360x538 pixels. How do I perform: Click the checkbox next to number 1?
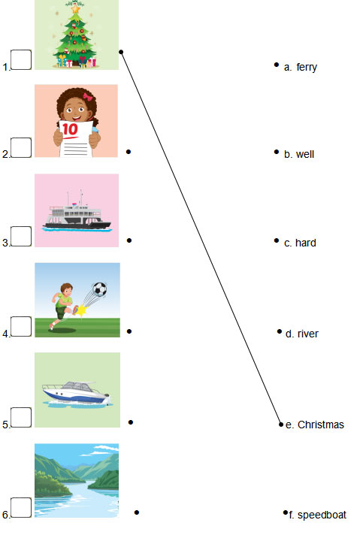click(x=21, y=59)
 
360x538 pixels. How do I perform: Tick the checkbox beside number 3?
click(x=21, y=236)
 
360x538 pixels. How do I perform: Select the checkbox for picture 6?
click(x=21, y=507)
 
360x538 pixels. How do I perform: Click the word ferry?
click(x=307, y=68)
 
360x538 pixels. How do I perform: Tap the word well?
click(x=305, y=154)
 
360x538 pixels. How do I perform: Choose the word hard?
click(x=305, y=243)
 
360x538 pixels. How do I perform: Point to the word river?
click(x=308, y=334)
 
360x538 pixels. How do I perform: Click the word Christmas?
click(x=320, y=425)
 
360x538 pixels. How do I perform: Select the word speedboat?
click(x=322, y=515)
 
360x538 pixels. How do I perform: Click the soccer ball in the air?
click(x=99, y=289)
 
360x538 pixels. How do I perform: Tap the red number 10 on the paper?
click(x=70, y=129)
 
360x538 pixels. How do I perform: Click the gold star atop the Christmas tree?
click(x=75, y=8)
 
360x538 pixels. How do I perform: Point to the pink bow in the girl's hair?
click(x=88, y=97)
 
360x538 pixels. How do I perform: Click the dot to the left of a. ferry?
click(x=277, y=65)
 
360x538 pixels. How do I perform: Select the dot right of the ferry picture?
click(x=129, y=240)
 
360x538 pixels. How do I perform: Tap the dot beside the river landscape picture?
click(x=137, y=512)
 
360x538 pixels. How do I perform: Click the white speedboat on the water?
click(x=76, y=393)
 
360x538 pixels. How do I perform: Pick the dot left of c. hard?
click(x=277, y=240)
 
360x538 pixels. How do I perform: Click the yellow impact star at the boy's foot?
click(x=81, y=310)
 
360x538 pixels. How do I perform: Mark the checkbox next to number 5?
click(x=21, y=418)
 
